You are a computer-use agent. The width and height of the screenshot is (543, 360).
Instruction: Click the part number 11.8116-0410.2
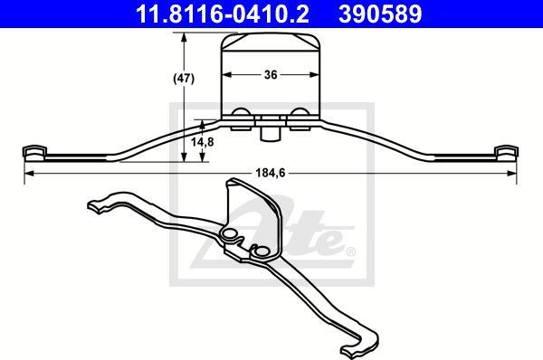[222, 14]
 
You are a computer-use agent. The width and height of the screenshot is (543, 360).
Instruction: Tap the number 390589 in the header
[380, 14]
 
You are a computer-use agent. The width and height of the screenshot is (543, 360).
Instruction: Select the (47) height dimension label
[184, 79]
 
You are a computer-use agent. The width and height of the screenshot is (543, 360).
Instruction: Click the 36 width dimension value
[271, 74]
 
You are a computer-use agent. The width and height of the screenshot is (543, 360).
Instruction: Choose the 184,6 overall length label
[271, 173]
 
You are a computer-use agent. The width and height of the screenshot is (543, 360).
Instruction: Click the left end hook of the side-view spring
[34, 153]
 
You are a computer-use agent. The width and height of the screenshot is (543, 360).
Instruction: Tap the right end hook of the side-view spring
[506, 153]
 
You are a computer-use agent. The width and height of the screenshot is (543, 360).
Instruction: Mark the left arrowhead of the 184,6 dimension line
[30, 173]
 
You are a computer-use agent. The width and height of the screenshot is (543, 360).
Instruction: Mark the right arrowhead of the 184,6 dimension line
[511, 173]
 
